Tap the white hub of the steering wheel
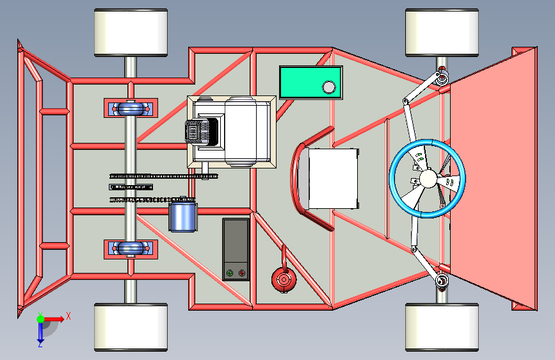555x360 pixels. click(428, 178)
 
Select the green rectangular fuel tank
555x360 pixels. click(310, 82)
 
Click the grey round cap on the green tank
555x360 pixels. click(329, 87)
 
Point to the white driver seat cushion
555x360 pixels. click(333, 179)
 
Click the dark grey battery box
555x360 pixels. click(236, 249)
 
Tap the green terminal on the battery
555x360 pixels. click(230, 273)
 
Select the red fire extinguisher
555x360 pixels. click(284, 278)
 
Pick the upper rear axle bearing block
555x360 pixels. click(131, 108)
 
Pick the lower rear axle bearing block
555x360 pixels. click(131, 249)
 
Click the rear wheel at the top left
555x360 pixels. click(131, 33)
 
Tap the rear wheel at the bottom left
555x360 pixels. click(131, 327)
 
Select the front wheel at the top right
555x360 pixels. click(442, 33)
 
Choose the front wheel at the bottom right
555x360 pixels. click(442, 327)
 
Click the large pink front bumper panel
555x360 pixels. click(494, 179)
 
